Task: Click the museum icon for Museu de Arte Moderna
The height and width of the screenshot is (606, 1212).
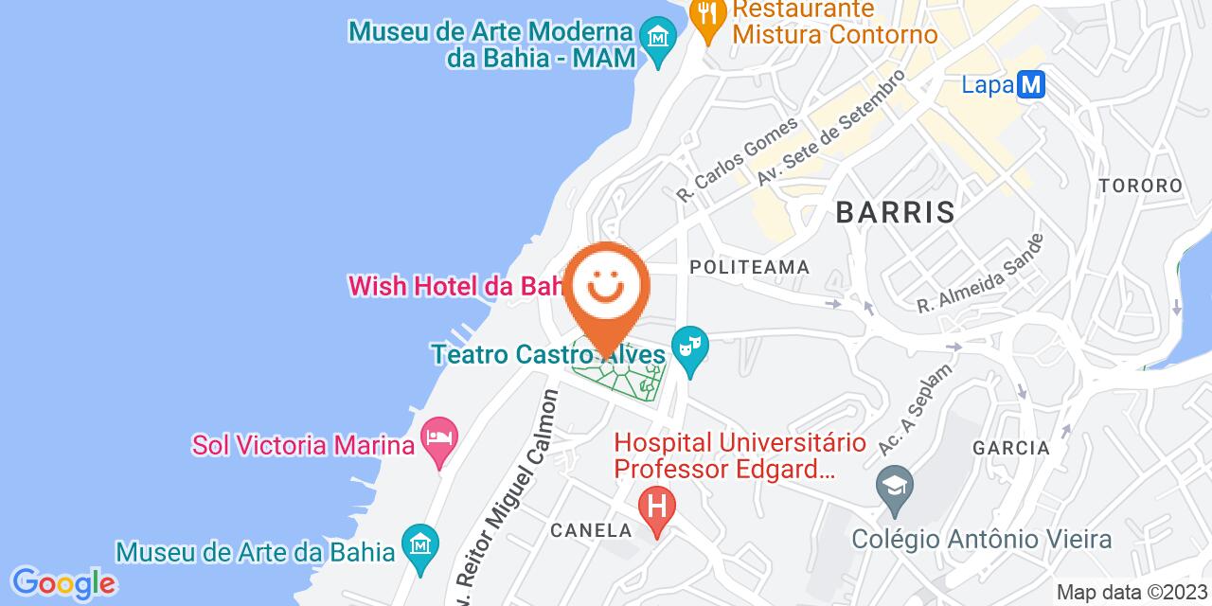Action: pyautogui.click(x=655, y=39)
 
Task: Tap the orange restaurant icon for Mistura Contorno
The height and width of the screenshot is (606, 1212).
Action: pyautogui.click(x=705, y=16)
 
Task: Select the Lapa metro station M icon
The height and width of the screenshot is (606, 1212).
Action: pyautogui.click(x=1030, y=85)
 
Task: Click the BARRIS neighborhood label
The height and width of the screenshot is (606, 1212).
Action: pyautogui.click(x=895, y=212)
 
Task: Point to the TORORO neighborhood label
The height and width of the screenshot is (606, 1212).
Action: pyautogui.click(x=1140, y=186)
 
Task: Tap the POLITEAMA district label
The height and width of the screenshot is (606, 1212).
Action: pyautogui.click(x=750, y=268)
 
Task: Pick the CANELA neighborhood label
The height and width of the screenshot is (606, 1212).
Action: pyautogui.click(x=591, y=529)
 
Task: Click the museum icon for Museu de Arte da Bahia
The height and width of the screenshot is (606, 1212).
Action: pyautogui.click(x=418, y=544)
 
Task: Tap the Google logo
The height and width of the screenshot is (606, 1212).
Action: pyautogui.click(x=62, y=582)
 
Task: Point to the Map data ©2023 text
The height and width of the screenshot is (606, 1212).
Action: pyautogui.click(x=1132, y=593)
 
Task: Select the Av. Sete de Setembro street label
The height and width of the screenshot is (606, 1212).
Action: pyautogui.click(x=830, y=128)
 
